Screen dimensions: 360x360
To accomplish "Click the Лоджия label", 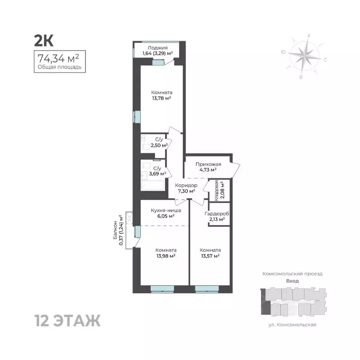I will click(x=158, y=47).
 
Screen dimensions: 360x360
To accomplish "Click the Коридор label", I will click(x=186, y=186).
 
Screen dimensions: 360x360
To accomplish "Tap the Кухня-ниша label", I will click(x=165, y=210).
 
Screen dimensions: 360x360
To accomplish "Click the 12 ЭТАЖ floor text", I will click(x=67, y=322).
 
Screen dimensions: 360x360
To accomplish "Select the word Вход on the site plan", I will click(x=292, y=281).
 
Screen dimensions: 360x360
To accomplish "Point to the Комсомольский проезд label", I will click(x=292, y=273).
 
